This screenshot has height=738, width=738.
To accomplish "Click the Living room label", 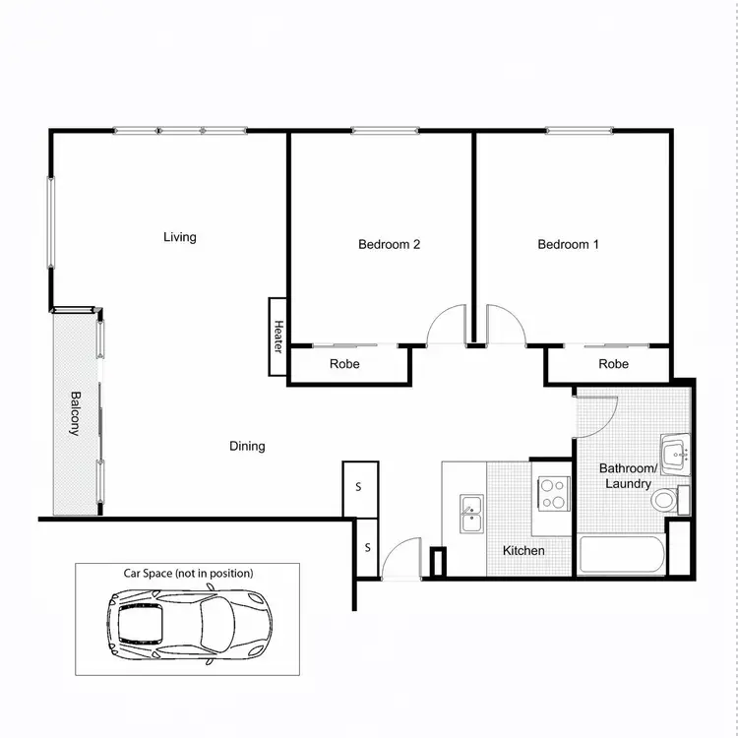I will point(180,237).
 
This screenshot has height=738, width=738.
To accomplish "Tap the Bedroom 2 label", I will point(390,245).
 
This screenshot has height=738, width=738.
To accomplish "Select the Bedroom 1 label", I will point(568,245).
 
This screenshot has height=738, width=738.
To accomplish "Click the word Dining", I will point(247,447).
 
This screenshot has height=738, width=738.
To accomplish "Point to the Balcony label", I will point(76,414).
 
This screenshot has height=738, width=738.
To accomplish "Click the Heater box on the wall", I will point(277,337).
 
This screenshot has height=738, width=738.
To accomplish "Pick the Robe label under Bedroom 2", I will point(344,364).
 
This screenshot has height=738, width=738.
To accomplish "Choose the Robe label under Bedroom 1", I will point(613,364).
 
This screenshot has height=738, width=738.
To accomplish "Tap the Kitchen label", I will point(523,551).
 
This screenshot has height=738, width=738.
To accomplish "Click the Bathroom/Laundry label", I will point(627,476).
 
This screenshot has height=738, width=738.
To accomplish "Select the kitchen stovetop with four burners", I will point(552,492).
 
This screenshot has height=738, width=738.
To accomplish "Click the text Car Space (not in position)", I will point(187,573).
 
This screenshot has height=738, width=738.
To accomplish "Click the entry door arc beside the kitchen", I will point(403,559).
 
